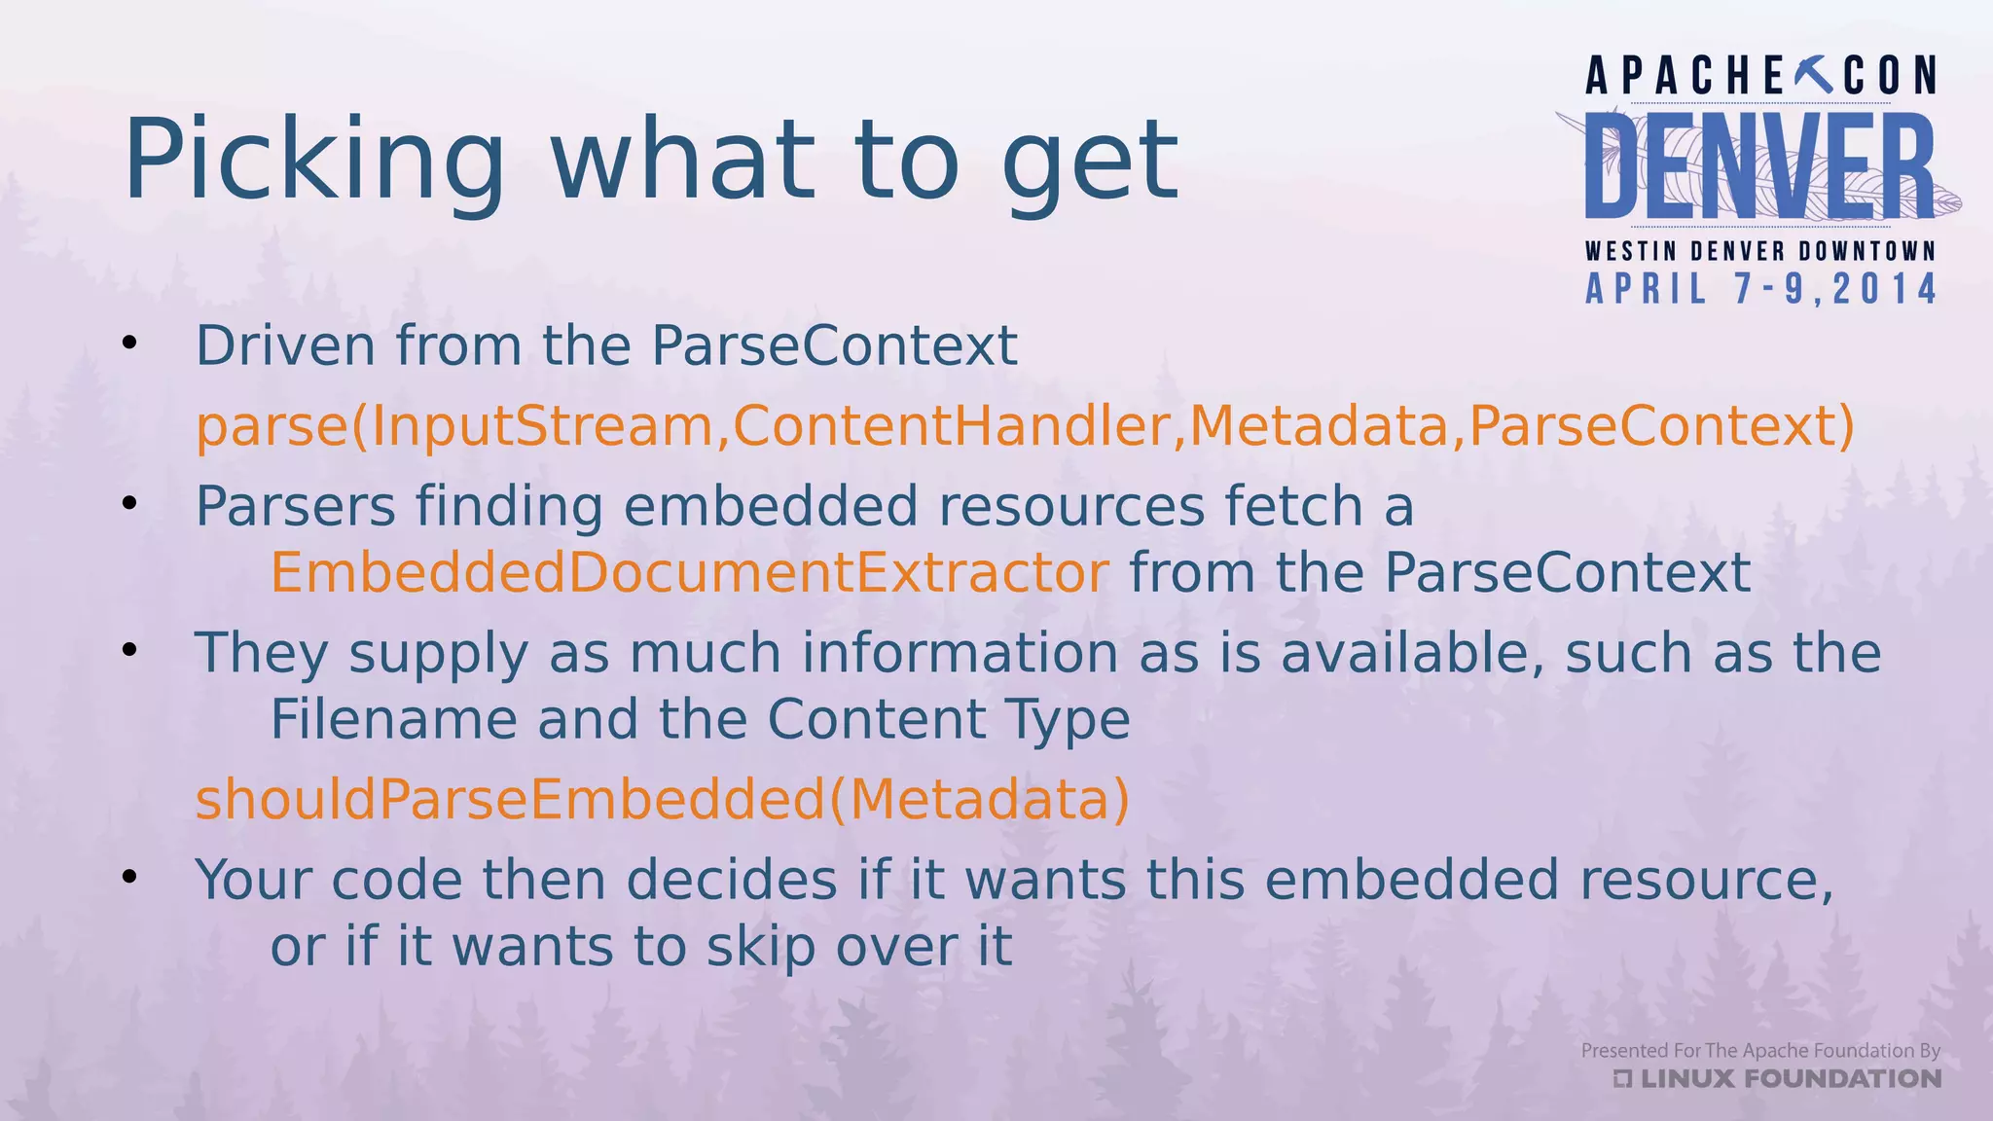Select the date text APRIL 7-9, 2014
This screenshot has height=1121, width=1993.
click(x=1760, y=290)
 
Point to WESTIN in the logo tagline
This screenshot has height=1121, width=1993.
click(x=1630, y=251)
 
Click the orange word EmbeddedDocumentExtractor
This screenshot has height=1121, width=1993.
click(x=689, y=572)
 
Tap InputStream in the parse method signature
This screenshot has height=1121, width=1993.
click(x=543, y=426)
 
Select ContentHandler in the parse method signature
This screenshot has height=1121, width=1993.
click(x=951, y=426)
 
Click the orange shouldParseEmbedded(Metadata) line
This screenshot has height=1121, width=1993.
click(x=662, y=800)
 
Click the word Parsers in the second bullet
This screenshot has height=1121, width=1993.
click(x=296, y=507)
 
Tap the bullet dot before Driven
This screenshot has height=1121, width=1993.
click(x=129, y=343)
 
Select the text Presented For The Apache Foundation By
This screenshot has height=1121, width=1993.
click(x=1759, y=1050)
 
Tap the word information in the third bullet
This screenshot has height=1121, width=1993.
click(x=959, y=653)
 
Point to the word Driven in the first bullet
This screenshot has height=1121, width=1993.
click(x=285, y=345)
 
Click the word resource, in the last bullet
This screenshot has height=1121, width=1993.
click(x=1705, y=880)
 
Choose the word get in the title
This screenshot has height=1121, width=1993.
click(x=1090, y=161)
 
